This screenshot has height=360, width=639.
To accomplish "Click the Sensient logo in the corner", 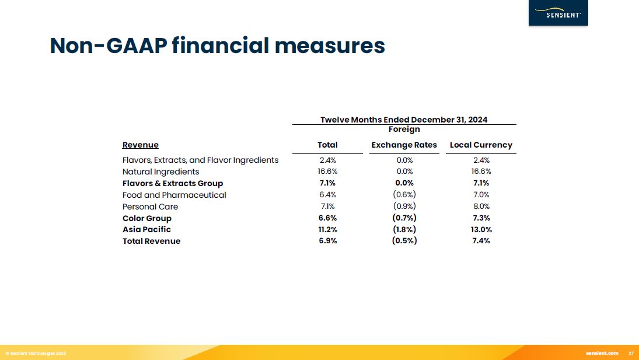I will [x=558, y=13].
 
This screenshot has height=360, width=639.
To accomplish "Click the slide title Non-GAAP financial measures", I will [x=217, y=46].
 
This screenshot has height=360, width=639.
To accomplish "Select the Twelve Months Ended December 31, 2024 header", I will [x=404, y=120].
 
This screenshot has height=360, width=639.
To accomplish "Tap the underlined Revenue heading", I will [x=140, y=145].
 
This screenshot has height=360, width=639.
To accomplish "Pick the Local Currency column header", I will [x=481, y=145].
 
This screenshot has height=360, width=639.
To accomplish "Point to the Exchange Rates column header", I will [x=404, y=145].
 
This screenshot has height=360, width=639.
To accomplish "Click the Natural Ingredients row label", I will [x=160, y=172].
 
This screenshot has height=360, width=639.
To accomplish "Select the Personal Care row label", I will [x=150, y=207].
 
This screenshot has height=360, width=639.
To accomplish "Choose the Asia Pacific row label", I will [x=146, y=229].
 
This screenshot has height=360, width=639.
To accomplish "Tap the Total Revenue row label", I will [x=151, y=241].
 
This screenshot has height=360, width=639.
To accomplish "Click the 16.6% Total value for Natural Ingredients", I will [x=328, y=172].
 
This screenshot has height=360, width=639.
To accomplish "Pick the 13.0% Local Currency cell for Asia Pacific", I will [x=481, y=229].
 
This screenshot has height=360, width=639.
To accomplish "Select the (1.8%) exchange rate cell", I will [x=404, y=229].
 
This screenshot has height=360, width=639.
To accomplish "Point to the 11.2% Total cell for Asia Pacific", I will [x=328, y=229].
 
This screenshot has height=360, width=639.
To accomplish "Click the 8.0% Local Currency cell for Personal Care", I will [x=481, y=207].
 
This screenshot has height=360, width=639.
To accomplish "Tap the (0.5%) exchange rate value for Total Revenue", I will [x=404, y=241].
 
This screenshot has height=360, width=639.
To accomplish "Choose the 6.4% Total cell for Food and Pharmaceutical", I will [x=328, y=195].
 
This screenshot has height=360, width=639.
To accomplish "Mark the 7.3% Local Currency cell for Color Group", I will [x=481, y=218].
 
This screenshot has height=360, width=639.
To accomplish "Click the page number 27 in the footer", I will [x=631, y=354].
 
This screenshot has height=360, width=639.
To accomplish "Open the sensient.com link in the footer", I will [x=602, y=354].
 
